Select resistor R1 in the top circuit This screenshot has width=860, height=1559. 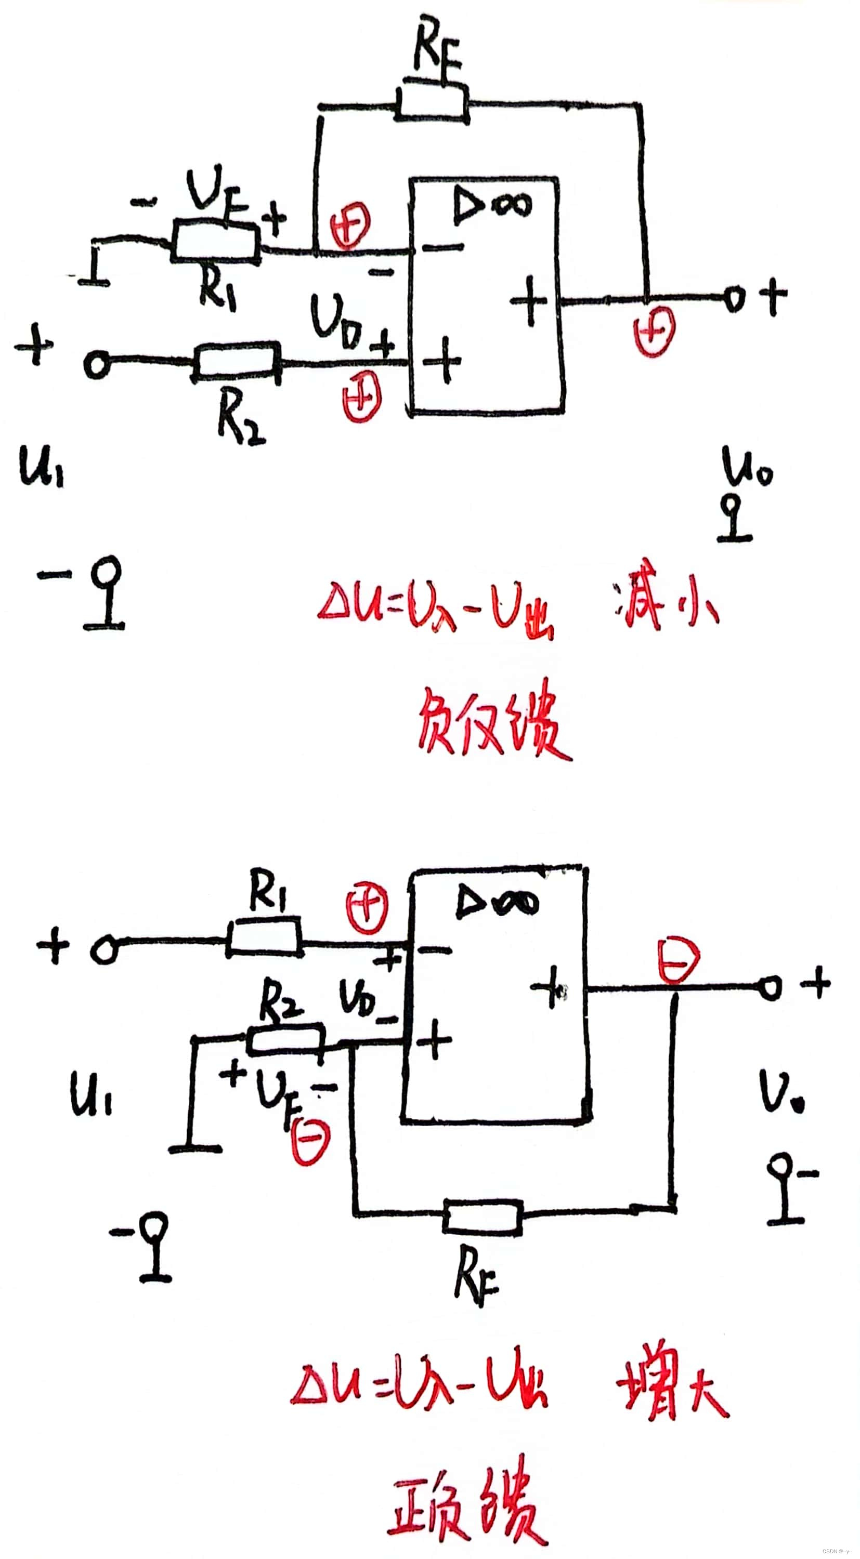pos(216,242)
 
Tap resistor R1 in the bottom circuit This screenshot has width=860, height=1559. pos(265,941)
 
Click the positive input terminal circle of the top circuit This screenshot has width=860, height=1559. pos(97,365)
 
